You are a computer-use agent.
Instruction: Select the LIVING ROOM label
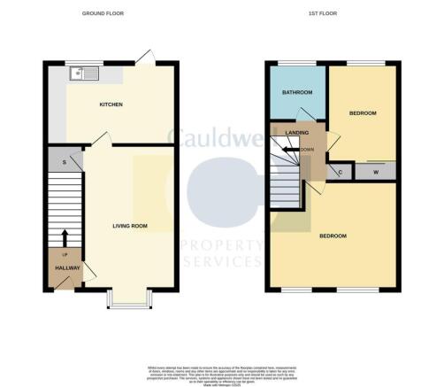[x=129, y=226]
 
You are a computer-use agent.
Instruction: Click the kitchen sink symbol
[x=79, y=73]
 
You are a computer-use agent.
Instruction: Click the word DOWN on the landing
[x=308, y=149]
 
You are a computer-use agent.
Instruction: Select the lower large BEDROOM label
[x=332, y=236]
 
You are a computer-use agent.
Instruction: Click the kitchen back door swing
[x=147, y=58]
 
